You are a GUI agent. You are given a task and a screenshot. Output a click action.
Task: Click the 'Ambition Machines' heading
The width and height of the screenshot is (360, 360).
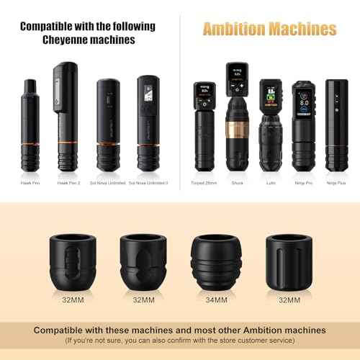tap(269, 30)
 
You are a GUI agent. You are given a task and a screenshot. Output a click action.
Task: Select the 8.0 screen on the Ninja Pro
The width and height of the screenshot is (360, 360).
tap(302, 98)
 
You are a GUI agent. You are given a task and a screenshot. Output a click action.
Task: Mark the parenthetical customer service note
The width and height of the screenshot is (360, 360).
tap(179, 338)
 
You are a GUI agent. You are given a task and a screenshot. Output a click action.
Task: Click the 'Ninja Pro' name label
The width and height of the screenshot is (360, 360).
tap(302, 183)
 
